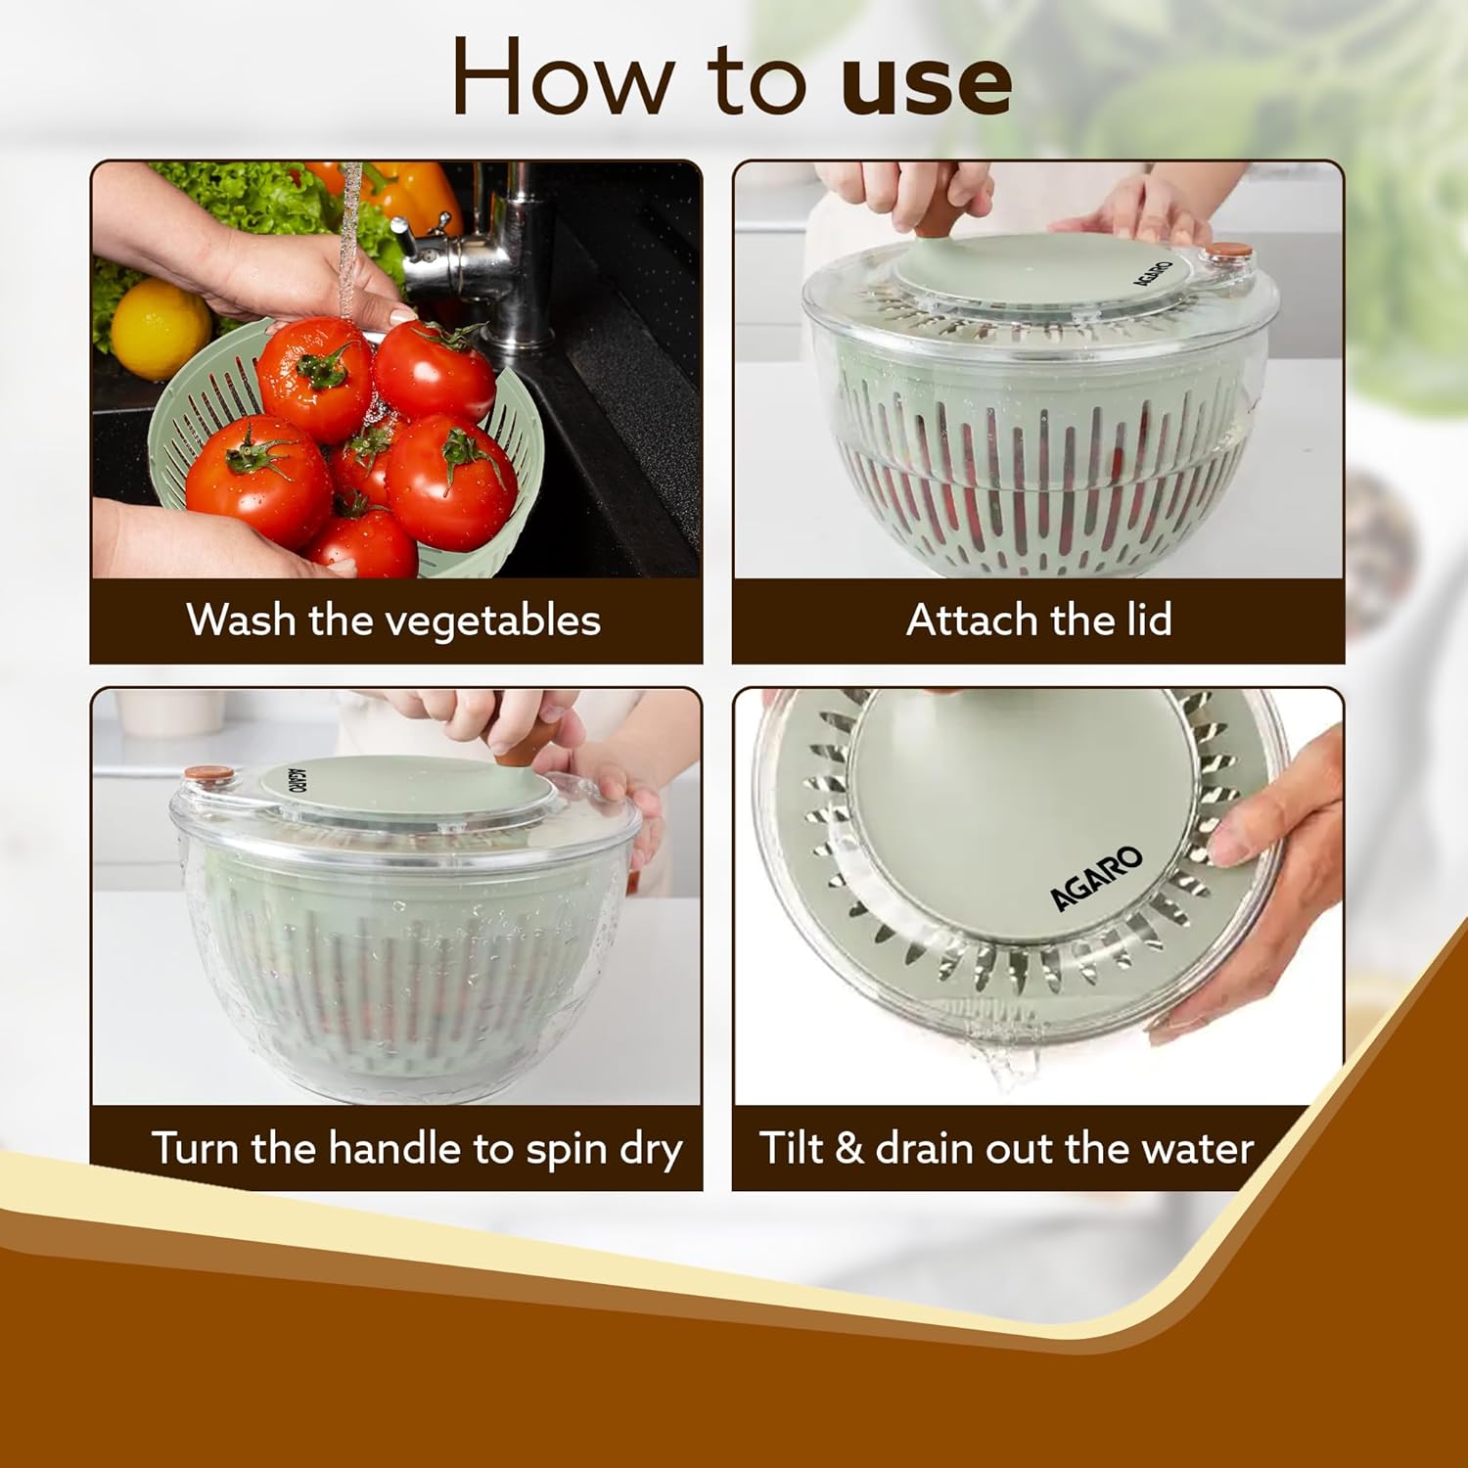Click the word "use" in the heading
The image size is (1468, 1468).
(x=926, y=82)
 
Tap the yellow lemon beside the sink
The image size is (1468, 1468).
(x=160, y=328)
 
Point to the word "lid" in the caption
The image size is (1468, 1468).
(x=1148, y=619)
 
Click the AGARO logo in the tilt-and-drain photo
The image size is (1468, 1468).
(x=1096, y=878)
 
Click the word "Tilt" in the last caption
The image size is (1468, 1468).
(x=791, y=1147)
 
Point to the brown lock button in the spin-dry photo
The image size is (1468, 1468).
(x=209, y=774)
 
